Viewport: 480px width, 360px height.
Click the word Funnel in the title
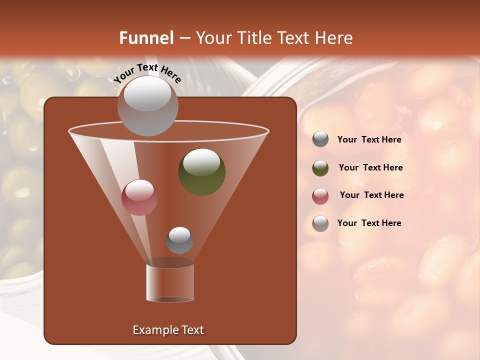tap(146, 38)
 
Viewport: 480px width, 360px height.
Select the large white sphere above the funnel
tap(147, 106)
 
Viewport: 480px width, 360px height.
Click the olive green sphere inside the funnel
tap(202, 172)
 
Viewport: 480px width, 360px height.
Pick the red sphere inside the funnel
tap(139, 197)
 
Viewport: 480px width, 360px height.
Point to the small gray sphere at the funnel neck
tap(179, 240)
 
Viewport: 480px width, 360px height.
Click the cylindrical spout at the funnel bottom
tap(170, 282)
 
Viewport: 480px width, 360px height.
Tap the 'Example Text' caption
tap(168, 330)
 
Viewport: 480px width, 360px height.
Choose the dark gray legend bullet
tap(320, 139)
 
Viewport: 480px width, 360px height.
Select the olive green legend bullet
tap(320, 168)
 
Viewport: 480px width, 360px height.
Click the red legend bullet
tap(320, 196)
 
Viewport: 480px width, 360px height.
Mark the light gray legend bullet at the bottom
tap(320, 223)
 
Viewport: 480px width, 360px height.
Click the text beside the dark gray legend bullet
tap(369, 140)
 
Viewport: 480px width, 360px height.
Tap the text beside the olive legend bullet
tap(370, 168)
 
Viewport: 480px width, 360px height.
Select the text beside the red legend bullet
tap(371, 195)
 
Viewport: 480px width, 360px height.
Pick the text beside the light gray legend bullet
tap(369, 223)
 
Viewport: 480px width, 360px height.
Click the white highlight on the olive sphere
tap(201, 162)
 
